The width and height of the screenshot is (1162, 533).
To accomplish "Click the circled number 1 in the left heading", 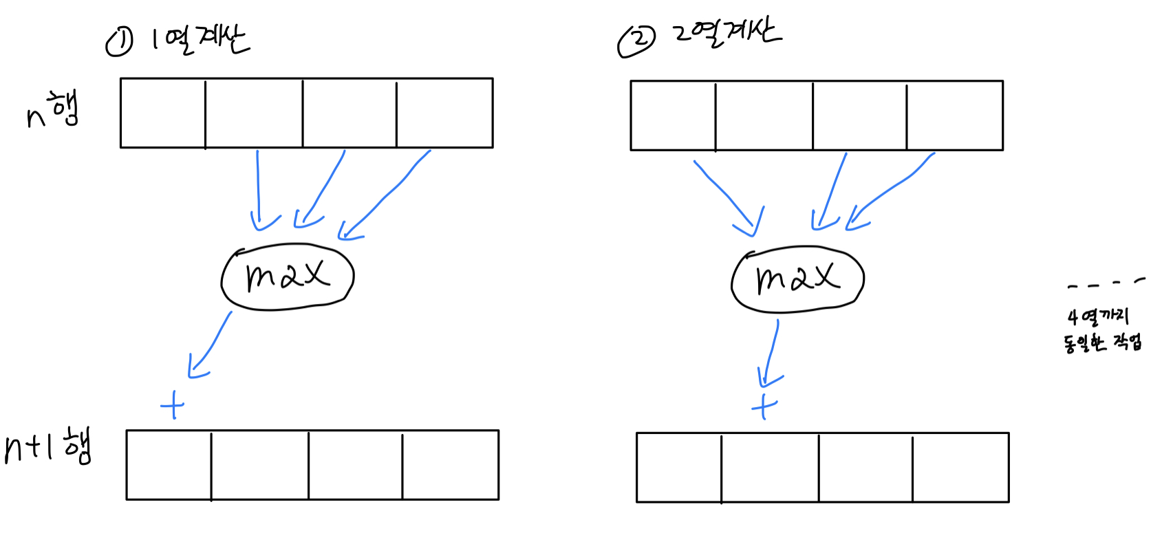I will [119, 43].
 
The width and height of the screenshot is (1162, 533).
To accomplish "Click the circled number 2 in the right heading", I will [636, 41].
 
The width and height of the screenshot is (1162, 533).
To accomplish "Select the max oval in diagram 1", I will [288, 276].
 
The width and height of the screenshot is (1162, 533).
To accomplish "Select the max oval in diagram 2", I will [797, 279].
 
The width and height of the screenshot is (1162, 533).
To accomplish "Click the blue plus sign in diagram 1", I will [173, 405].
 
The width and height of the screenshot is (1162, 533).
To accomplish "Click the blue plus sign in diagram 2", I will [764, 406].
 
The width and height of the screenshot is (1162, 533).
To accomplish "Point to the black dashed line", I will [1106, 283].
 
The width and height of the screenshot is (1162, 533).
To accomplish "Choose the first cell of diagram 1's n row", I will [163, 113].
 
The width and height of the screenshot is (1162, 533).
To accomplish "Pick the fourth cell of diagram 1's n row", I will [444, 113].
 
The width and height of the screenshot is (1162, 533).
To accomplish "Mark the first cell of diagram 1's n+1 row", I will [169, 465].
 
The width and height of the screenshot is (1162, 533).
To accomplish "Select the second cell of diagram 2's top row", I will [764, 116].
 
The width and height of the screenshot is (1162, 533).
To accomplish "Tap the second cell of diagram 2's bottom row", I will [770, 468].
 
